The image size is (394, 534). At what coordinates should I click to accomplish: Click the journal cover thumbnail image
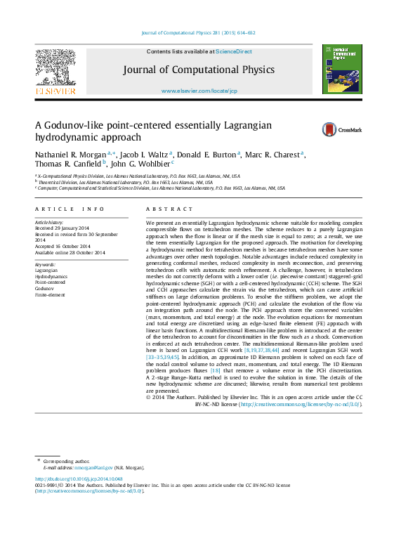[x=337, y=69]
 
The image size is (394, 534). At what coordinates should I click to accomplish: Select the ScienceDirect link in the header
[x=234, y=52]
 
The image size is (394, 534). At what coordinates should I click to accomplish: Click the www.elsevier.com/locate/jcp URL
[x=199, y=91]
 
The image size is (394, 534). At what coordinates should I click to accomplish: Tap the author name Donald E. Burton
[x=206, y=154]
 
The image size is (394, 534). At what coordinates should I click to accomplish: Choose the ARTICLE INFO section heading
[x=70, y=209]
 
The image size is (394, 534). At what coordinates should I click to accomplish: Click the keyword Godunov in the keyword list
[x=45, y=288]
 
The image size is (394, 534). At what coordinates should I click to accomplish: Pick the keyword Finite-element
[x=50, y=294]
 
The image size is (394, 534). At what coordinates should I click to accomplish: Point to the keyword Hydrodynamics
[x=51, y=276]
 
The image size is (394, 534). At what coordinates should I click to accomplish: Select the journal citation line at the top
[x=198, y=33]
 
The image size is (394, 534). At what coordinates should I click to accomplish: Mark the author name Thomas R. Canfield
[x=68, y=165]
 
